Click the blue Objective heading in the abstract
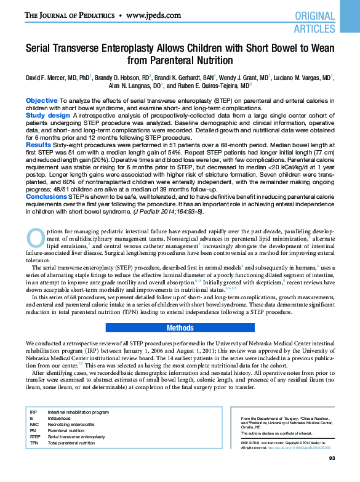pyautogui.click(x=42, y=100)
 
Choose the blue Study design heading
pyautogui.click(x=47, y=115)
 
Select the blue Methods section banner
pyautogui.click(x=180, y=327)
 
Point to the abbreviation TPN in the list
pyautogui.click(x=34, y=443)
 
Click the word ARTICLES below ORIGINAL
pyautogui.click(x=314, y=28)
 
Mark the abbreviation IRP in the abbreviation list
pyautogui.click(x=34, y=411)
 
